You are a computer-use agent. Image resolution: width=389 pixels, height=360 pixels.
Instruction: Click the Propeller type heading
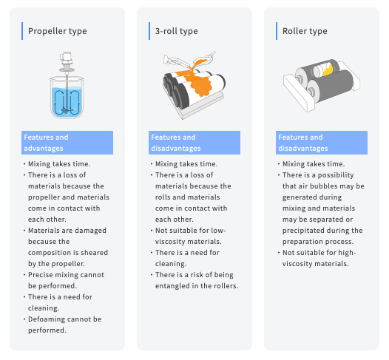coord(57,31)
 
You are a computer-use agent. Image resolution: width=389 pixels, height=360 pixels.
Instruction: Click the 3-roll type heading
coord(177,31)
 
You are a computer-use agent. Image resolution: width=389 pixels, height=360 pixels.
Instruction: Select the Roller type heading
coord(305,31)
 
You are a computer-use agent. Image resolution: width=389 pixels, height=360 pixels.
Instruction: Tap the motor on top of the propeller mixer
coord(67,58)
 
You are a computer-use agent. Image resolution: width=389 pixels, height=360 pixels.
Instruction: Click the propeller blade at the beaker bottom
coord(67,110)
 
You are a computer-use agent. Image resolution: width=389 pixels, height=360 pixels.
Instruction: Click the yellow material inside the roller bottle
coord(328,70)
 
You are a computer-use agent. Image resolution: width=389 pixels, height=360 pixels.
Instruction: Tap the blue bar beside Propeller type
coord(22,31)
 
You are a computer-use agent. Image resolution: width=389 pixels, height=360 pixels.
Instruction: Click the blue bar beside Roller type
coord(277,31)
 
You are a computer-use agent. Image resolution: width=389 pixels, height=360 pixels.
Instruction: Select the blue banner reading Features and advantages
coord(67,143)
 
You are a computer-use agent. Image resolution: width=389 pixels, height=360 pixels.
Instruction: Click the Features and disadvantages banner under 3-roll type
coord(194,143)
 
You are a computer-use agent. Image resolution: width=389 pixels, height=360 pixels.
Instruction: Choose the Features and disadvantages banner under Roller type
coord(322,143)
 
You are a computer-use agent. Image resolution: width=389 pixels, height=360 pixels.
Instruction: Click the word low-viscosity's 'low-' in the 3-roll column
coord(218,231)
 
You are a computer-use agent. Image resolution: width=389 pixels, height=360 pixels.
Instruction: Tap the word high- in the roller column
coord(347,253)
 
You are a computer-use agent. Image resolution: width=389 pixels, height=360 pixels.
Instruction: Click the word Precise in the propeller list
coord(40,275)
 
